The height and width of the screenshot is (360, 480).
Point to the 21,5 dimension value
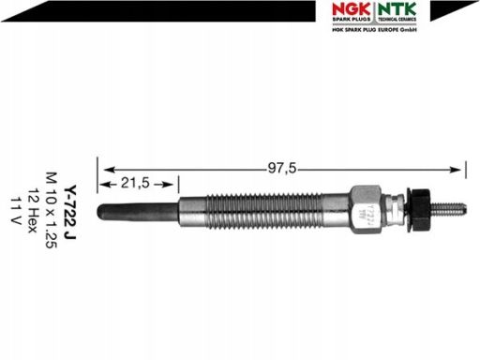[x=138, y=184]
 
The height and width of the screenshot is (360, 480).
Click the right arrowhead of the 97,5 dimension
[x=459, y=170]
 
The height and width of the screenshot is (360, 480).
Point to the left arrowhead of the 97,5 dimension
[x=105, y=170]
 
